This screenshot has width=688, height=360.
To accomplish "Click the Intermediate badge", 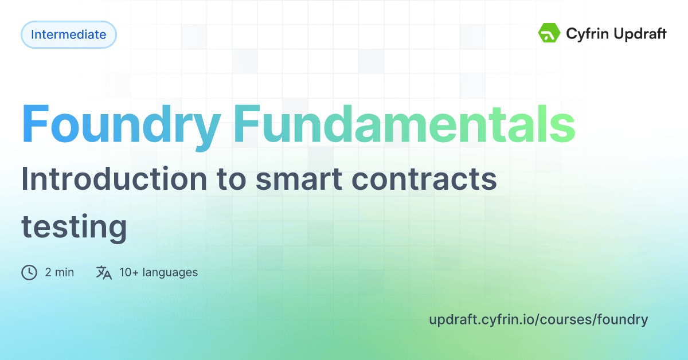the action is (68, 34).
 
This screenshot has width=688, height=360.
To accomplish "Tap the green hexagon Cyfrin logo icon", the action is (549, 33).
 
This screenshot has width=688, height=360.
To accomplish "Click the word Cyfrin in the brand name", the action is (587, 34).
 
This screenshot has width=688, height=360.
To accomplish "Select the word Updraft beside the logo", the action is (640, 34).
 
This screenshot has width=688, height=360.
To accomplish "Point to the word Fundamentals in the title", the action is (405, 124).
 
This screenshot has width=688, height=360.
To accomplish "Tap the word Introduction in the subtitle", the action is (114, 178).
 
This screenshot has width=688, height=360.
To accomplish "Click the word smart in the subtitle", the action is (299, 179).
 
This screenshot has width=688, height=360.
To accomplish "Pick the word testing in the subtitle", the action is (74, 228).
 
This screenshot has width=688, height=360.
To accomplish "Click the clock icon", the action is (29, 272).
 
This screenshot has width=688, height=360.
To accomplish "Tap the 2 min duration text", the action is (60, 272).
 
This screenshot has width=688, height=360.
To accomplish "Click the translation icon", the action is (104, 272).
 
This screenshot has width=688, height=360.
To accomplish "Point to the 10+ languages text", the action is (158, 272).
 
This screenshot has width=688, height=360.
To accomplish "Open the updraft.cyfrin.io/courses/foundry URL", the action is (538, 320).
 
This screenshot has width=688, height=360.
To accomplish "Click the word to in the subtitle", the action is (231, 179).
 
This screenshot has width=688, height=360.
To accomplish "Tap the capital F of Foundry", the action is (36, 123).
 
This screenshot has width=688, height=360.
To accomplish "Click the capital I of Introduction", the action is (24, 178).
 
